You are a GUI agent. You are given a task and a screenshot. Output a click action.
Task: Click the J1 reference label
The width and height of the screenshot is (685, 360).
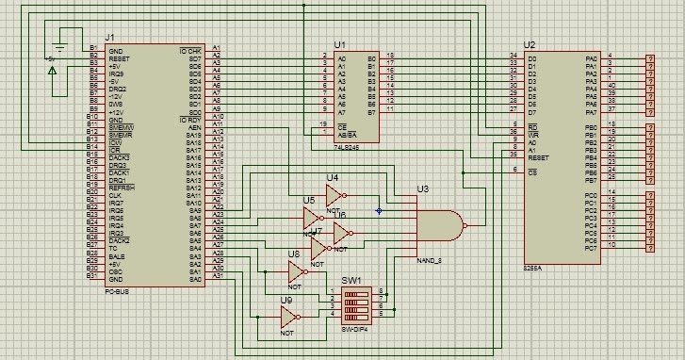tap(94, 35)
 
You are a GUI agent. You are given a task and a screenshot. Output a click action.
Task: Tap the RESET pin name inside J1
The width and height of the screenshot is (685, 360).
tap(118, 57)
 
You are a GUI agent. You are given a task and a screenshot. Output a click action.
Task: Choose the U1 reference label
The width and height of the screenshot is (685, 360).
tap(339, 45)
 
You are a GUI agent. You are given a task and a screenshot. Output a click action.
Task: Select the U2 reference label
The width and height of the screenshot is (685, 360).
tap(529, 45)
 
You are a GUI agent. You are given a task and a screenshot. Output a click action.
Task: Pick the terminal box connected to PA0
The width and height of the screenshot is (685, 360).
tap(649, 57)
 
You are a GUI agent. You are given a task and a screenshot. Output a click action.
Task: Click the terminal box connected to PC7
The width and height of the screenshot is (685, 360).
tap(649, 245)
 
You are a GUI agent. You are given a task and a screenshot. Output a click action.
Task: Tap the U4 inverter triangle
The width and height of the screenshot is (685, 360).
tap(333, 196)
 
